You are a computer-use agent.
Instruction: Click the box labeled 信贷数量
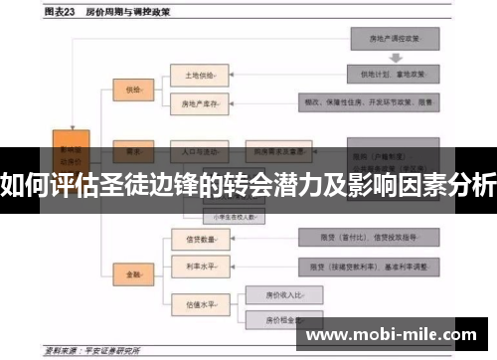[195, 239]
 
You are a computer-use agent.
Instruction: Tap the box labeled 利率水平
[195, 266]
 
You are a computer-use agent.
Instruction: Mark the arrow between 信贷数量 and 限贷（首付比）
[262, 239]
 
